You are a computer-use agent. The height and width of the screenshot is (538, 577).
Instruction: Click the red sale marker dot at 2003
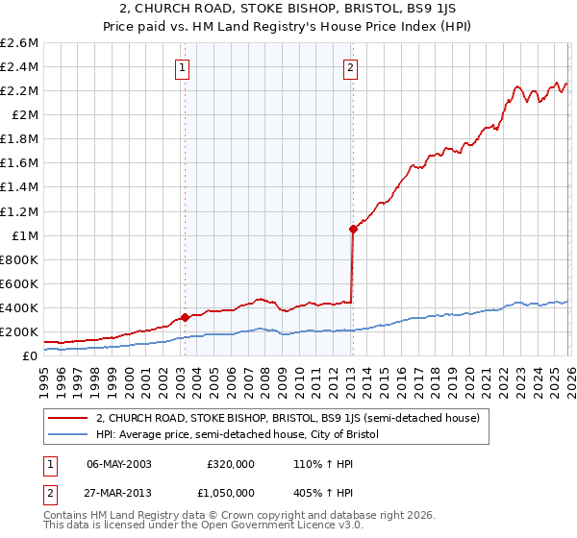click(x=185, y=317)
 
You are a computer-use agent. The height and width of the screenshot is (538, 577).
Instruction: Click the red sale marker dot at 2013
click(x=353, y=229)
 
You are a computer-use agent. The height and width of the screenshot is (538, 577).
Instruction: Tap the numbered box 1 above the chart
click(x=183, y=67)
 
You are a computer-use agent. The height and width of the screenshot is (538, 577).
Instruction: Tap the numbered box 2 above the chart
click(x=351, y=67)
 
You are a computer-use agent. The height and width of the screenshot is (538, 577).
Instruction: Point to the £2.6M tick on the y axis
click(x=19, y=43)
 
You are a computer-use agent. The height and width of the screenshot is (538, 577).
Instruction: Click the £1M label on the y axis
click(x=25, y=236)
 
